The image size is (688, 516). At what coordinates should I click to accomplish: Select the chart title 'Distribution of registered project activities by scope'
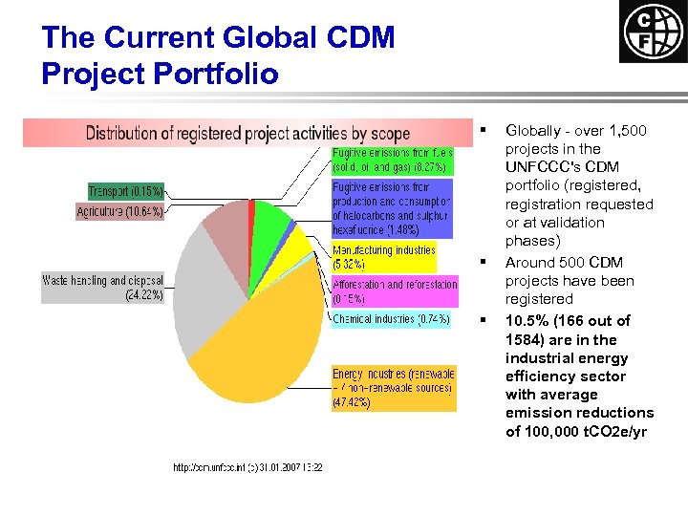(247, 133)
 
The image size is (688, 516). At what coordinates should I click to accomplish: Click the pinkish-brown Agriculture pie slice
(227, 222)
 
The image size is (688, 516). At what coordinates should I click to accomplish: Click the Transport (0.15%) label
(125, 191)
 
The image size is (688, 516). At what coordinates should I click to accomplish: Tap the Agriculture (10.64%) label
(120, 211)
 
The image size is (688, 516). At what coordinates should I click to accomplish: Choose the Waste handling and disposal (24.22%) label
(103, 288)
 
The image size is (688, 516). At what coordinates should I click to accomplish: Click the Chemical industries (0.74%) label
(391, 319)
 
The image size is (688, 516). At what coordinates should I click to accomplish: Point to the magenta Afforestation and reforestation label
(395, 290)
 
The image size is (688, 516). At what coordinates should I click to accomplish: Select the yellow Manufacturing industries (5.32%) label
(383, 256)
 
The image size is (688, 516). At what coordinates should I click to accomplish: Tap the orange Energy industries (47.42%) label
(394, 388)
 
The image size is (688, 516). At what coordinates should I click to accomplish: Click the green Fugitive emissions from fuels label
(392, 160)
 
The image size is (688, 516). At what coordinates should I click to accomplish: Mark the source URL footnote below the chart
(247, 467)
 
